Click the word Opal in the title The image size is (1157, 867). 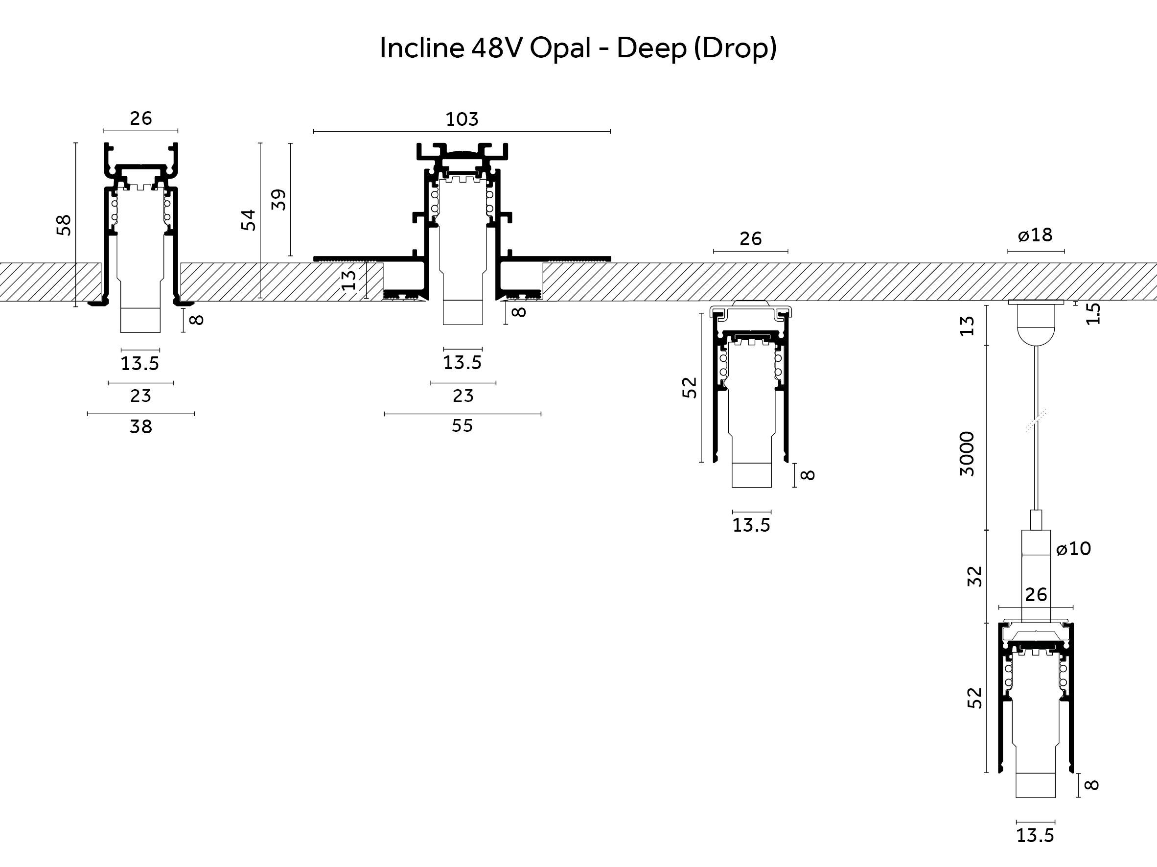[x=560, y=48]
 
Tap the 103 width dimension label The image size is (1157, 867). [x=462, y=119]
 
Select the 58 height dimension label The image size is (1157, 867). [x=64, y=225]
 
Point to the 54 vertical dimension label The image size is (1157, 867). [x=249, y=220]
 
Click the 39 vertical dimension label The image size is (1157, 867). [x=279, y=200]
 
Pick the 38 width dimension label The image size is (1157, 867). [x=140, y=427]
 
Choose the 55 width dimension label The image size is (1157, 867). [x=463, y=426]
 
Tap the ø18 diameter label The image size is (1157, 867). [x=1035, y=235]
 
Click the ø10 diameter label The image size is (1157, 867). [x=1073, y=549]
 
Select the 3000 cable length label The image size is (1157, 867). [x=968, y=454]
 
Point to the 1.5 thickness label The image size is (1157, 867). [x=1093, y=314]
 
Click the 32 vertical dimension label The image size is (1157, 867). [x=975, y=577]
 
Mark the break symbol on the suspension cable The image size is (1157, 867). [x=1036, y=421]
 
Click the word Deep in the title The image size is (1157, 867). [x=651, y=48]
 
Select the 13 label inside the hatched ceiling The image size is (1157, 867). [x=349, y=281]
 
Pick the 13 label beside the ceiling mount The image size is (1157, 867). [x=968, y=326]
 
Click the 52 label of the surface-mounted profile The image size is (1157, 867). [x=690, y=387]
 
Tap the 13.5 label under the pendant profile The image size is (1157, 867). [x=1035, y=836]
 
